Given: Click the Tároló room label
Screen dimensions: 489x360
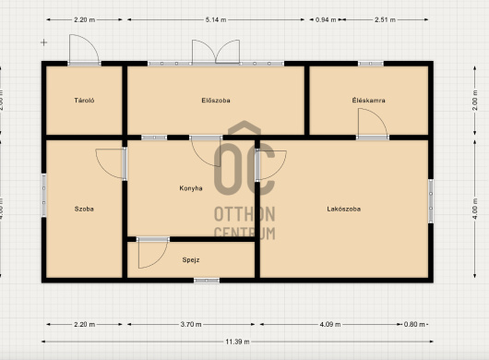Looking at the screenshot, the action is (x=84, y=101).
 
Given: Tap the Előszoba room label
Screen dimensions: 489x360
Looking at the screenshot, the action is (x=216, y=101).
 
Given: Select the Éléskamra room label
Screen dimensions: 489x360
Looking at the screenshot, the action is (x=369, y=101).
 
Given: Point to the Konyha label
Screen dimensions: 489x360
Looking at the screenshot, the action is (x=191, y=188).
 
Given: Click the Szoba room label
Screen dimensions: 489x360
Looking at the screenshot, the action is (x=84, y=209).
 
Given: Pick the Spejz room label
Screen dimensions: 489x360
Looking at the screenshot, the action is (x=191, y=260).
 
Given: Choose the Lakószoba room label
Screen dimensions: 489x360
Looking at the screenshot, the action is (x=343, y=209).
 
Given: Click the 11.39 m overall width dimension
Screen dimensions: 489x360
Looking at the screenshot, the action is (x=238, y=342).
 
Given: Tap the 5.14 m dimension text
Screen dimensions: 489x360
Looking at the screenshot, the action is (x=216, y=19).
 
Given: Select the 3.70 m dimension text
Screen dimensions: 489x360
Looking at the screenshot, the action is (x=191, y=324).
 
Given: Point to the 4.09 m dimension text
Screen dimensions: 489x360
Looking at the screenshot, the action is (x=330, y=324).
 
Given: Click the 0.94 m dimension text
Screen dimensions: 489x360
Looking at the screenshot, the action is (x=326, y=19).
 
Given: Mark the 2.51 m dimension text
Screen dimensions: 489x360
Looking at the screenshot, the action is (x=385, y=19).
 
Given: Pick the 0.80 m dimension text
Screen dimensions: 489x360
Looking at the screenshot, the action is (x=414, y=324).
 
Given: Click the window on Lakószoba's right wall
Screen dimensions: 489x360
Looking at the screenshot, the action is (x=431, y=201).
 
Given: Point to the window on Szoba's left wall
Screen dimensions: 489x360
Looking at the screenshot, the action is (x=44, y=196).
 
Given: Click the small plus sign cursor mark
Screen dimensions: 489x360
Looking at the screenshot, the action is (x=44, y=42).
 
